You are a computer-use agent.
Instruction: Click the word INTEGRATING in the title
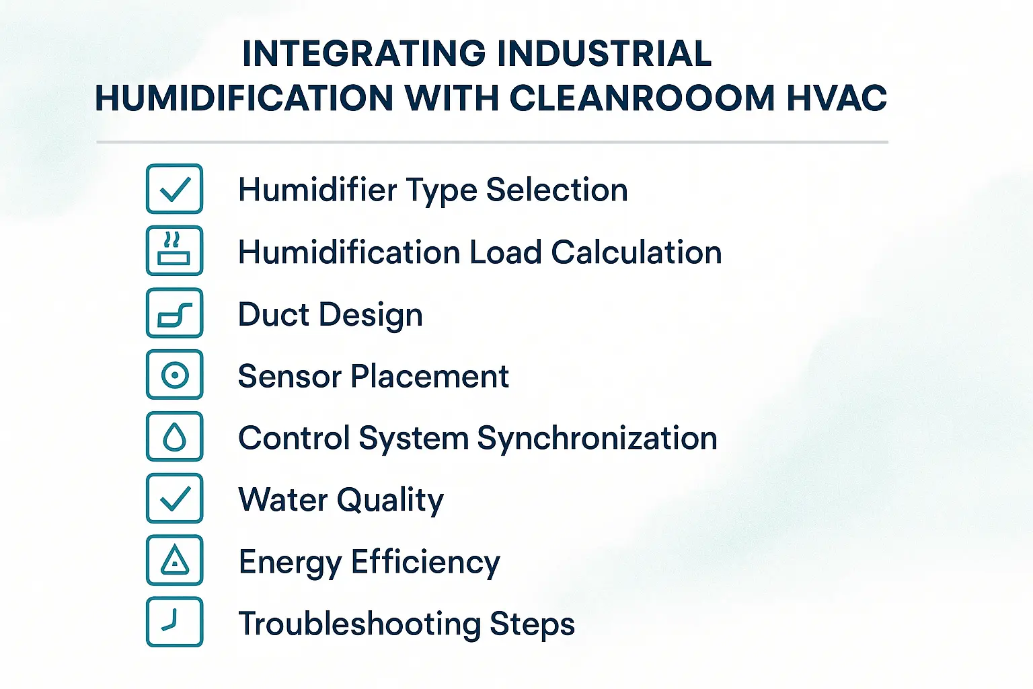point(363,54)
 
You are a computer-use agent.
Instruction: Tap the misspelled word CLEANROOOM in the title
point(642,98)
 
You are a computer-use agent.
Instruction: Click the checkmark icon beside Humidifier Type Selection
point(174,189)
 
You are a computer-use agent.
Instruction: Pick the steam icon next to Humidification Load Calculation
point(174,251)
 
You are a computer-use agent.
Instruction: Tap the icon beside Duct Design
point(174,313)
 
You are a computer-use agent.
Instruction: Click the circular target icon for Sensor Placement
point(174,375)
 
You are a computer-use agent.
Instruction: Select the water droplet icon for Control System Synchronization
point(174,437)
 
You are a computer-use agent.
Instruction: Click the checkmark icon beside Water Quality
point(174,499)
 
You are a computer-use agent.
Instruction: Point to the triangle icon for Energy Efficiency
point(174,560)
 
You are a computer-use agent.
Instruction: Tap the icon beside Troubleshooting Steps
point(174,622)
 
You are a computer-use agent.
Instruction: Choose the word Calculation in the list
point(636,252)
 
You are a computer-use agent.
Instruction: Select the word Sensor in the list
point(290,376)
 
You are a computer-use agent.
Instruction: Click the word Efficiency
point(425,563)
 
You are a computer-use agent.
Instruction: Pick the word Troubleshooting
point(360,624)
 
